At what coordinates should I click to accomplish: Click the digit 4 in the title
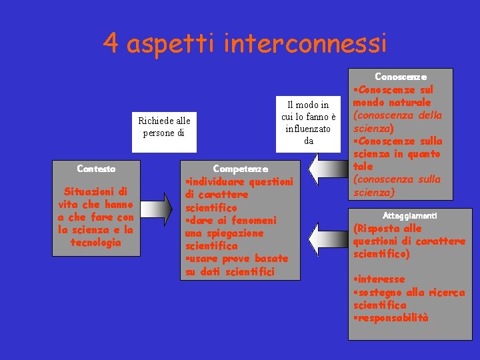pyautogui.click(x=111, y=44)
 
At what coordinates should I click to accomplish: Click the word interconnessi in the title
pyautogui.click(x=306, y=44)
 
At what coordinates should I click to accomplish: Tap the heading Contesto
pyautogui.click(x=96, y=169)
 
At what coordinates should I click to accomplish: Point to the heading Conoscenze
pyautogui.click(x=401, y=77)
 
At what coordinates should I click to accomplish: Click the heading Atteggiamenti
pyautogui.click(x=410, y=216)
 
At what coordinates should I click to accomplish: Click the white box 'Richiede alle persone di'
pyautogui.click(x=164, y=127)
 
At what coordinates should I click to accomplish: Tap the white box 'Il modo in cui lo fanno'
pyautogui.click(x=308, y=123)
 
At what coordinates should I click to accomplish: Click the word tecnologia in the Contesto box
pyautogui.click(x=96, y=242)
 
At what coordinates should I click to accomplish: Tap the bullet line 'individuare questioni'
pyautogui.click(x=240, y=182)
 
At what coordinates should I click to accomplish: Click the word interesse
pyautogui.click(x=381, y=279)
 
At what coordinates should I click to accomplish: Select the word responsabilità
pyautogui.click(x=393, y=317)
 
